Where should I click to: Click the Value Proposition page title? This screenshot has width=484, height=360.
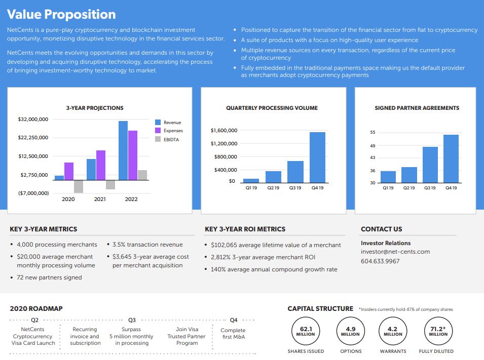[62, 14]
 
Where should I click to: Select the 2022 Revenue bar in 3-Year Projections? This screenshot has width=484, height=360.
[123, 150]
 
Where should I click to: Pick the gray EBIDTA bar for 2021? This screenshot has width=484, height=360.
[110, 184]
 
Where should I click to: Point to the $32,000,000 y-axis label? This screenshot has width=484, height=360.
[33, 119]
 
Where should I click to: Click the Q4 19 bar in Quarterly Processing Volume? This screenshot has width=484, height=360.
[317, 157]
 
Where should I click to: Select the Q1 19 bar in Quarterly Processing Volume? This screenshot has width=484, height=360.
[251, 180]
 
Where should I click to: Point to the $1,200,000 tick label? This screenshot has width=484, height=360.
[224, 144]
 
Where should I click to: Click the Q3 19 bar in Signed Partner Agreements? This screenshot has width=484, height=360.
[430, 165]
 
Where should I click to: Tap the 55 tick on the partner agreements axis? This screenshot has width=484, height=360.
[373, 133]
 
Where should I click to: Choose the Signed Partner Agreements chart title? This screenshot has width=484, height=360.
[417, 108]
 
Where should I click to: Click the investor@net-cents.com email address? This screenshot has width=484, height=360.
[395, 252]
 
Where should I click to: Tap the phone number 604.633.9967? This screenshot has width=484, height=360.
[380, 261]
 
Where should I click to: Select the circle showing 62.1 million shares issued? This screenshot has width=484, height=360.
[306, 331]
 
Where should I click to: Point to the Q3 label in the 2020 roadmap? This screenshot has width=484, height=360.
[132, 320]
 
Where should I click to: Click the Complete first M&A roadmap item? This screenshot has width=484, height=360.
[233, 334]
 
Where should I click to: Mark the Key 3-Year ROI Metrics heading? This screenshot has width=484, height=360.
[245, 229]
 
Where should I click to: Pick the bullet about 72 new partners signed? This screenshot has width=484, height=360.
[49, 277]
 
